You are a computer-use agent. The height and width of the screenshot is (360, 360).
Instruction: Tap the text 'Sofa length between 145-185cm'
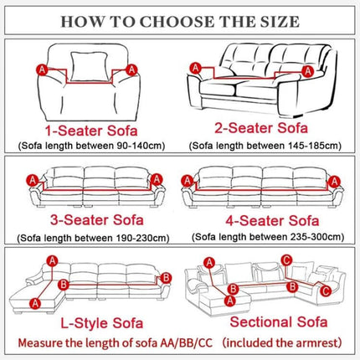coord(270,145)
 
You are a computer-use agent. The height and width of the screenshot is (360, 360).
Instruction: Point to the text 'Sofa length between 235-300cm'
coord(270,237)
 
